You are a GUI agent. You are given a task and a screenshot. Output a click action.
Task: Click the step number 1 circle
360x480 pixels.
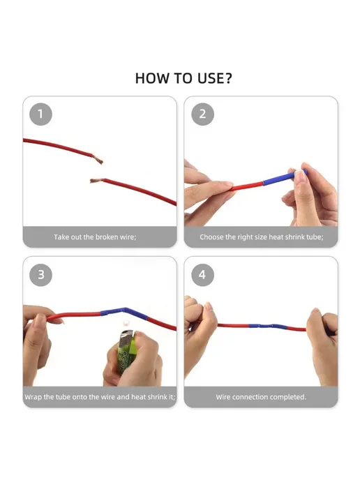click(40, 114)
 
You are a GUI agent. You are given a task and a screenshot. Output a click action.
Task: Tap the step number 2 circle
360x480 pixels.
click(202, 114)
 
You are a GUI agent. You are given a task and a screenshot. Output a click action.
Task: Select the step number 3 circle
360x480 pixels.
click(40, 275)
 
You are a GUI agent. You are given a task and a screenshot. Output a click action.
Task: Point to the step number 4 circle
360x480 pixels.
click(202, 275)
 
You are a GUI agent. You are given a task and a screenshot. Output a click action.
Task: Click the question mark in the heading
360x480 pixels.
click(228, 78)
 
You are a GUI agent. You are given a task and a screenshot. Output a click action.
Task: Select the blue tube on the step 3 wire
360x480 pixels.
click(124, 314)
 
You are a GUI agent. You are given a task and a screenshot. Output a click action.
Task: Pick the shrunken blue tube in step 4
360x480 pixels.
click(267, 327)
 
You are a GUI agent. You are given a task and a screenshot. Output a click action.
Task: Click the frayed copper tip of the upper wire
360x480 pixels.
click(98, 160)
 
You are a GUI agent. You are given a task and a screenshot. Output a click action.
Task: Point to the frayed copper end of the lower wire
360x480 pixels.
click(96, 181)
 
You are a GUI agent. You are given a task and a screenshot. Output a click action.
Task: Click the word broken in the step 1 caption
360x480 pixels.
click(107, 237)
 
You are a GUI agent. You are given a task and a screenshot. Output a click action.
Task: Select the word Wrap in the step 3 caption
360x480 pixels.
click(33, 397)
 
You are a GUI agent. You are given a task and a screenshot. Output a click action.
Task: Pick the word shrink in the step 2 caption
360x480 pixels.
click(294, 237)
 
